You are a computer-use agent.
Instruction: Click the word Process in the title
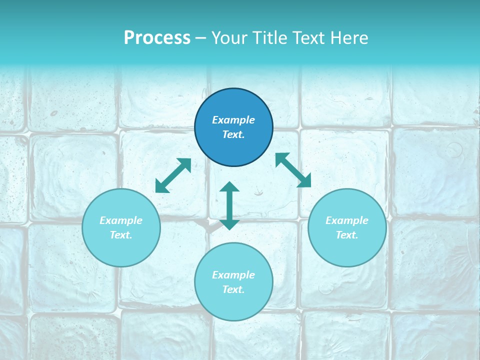[x=157, y=38]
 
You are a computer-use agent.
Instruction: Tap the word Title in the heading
[x=271, y=38]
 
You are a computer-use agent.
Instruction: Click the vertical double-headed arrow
[x=229, y=205]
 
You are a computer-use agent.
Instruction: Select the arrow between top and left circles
[x=173, y=175]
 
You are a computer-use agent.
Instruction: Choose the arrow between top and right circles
[x=293, y=170]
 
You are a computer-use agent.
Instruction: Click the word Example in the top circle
[x=233, y=120]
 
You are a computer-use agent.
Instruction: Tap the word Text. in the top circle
[x=233, y=134]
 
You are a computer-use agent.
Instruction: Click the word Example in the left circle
[x=121, y=220]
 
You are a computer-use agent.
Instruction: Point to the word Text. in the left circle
[x=121, y=235]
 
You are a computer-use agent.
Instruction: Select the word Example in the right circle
[x=347, y=220]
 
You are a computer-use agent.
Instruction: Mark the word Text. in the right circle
[x=347, y=235]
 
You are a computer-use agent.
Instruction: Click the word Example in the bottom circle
[x=233, y=275]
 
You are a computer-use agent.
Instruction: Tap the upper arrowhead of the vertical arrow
[x=229, y=187]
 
